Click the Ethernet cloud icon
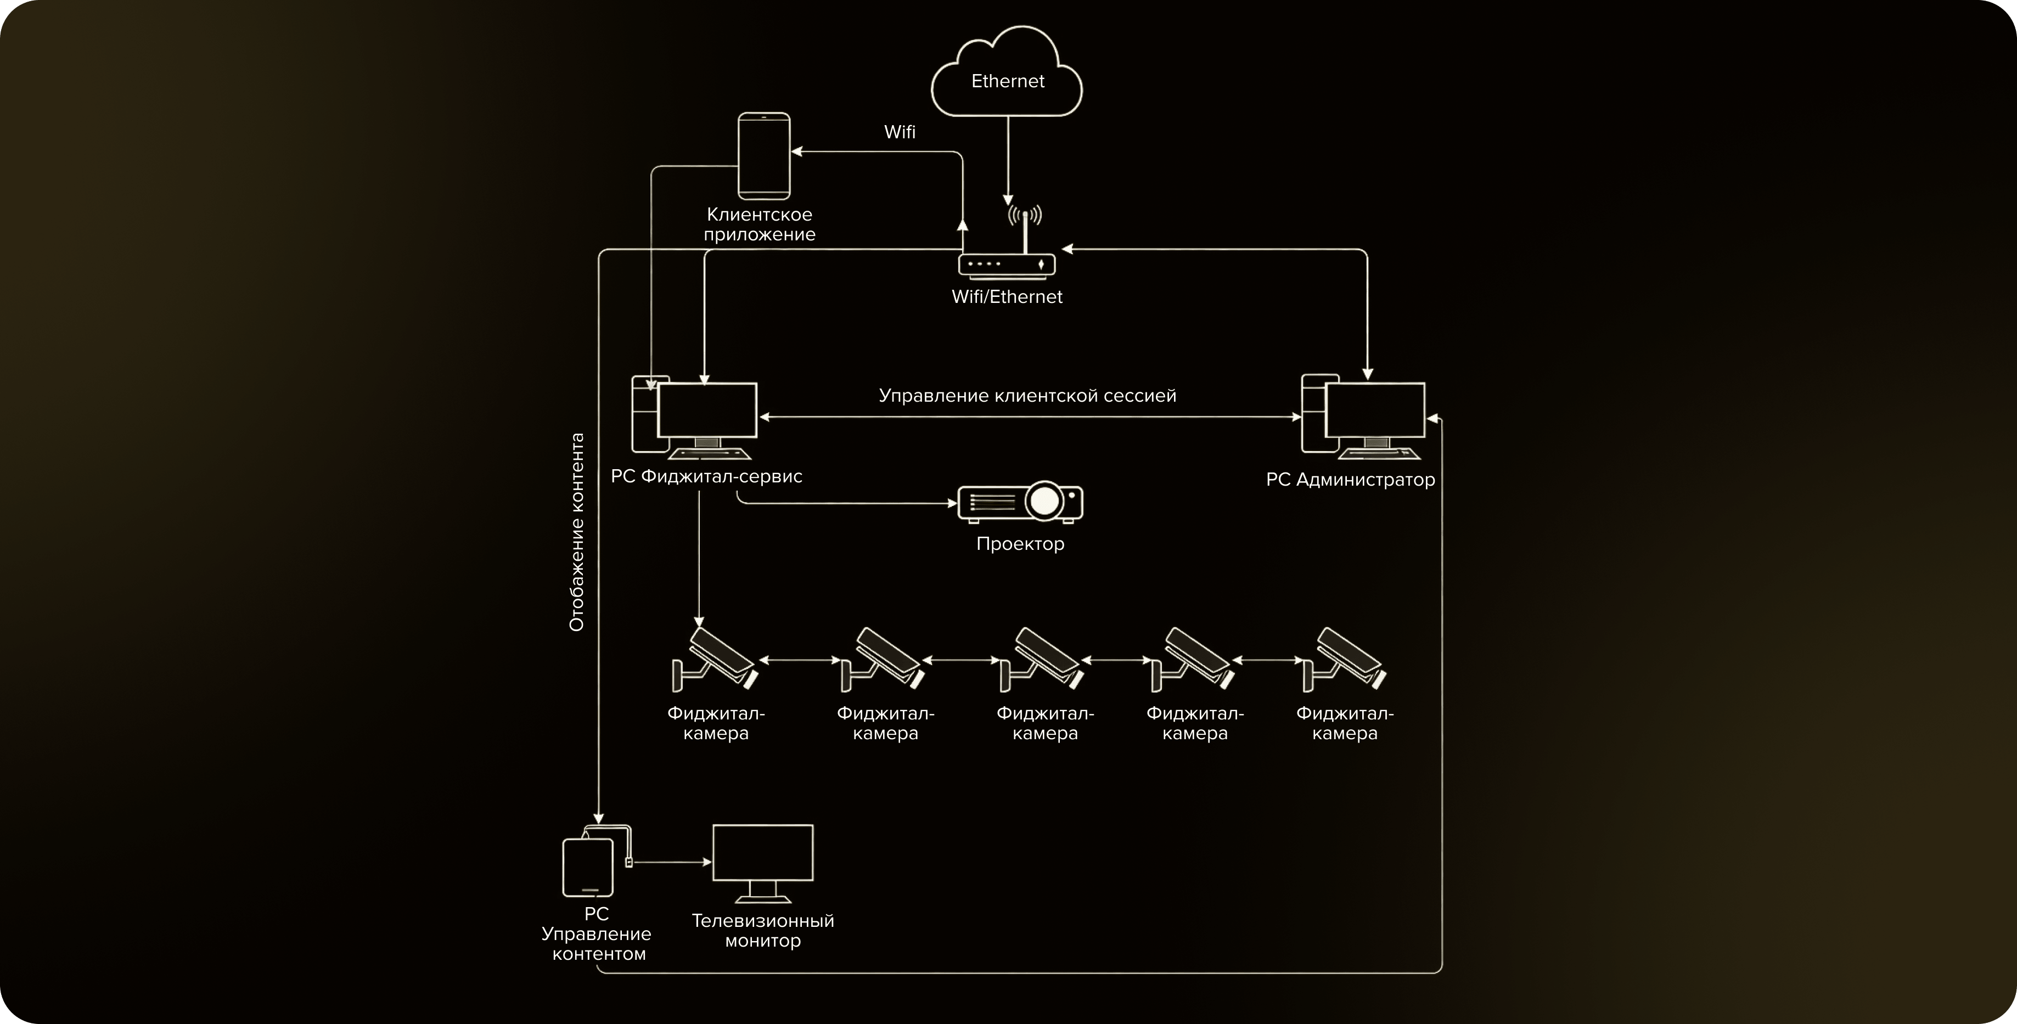pyautogui.click(x=1007, y=75)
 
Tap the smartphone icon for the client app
pyautogui.click(x=764, y=156)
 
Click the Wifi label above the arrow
pyautogui.click(x=900, y=132)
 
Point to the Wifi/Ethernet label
pyautogui.click(x=1007, y=297)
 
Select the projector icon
pyautogui.click(x=1020, y=502)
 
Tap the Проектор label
pyautogui.click(x=1020, y=544)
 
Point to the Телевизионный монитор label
pyautogui.click(x=763, y=931)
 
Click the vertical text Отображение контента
pyautogui.click(x=577, y=532)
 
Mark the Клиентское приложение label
pyautogui.click(x=760, y=224)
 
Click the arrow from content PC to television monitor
pyautogui.click(x=672, y=863)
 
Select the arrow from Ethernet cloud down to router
pyautogui.click(x=1008, y=160)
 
